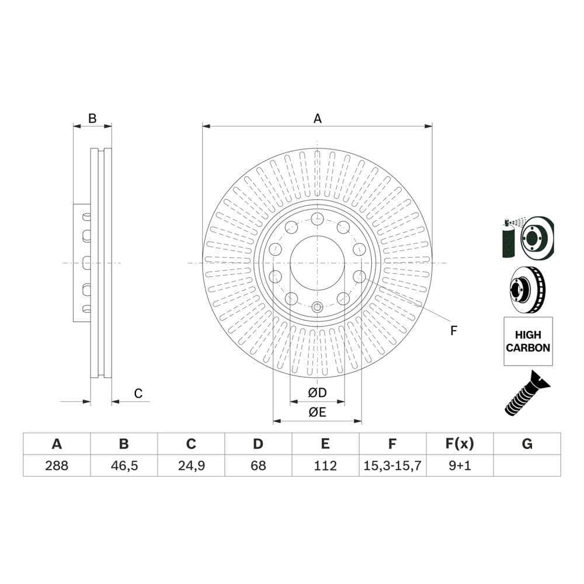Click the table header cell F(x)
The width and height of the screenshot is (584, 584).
(460, 444)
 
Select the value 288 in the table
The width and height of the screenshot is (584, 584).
(57, 465)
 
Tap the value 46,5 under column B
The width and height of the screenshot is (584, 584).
(124, 465)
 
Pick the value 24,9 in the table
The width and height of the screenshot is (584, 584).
(191, 465)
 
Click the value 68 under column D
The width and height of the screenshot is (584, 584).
(258, 465)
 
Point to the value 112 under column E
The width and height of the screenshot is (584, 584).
(325, 465)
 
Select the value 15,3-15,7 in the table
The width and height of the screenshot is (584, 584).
(392, 465)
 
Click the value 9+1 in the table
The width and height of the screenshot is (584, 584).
(460, 465)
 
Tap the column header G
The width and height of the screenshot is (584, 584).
(527, 444)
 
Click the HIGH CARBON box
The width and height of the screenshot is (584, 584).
(528, 341)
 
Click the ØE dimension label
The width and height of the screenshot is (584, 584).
(317, 412)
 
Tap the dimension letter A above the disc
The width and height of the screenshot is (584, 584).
(317, 119)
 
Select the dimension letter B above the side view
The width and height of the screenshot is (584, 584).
(92, 119)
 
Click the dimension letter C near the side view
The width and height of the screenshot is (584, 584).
(138, 394)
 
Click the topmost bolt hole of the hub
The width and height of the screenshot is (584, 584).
(317, 219)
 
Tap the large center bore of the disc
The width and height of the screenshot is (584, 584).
(317, 263)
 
